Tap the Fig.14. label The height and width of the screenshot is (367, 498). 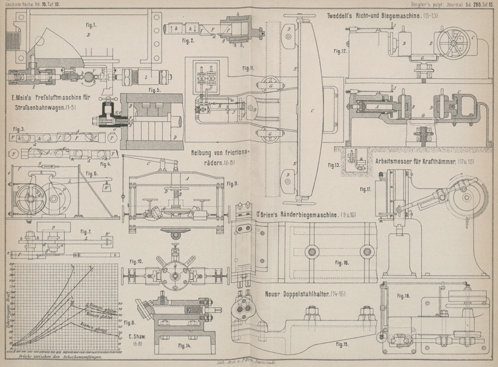tap(185, 344)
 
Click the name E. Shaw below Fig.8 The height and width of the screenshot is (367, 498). tap(136, 340)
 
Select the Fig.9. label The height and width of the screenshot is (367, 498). tap(233, 183)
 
